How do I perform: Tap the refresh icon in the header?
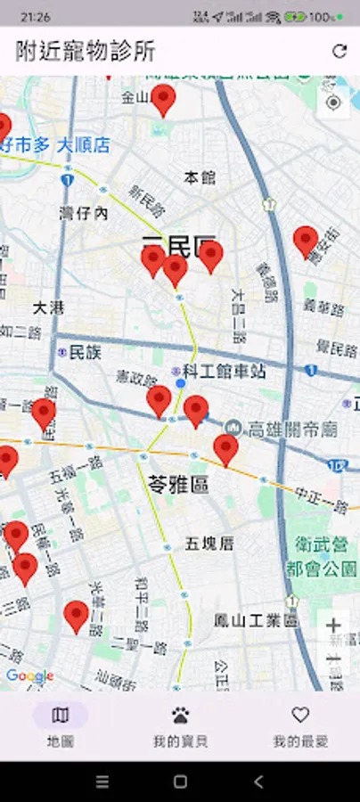340,51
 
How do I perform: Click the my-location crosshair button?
334,102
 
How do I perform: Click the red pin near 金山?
163,100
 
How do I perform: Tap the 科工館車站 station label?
224,372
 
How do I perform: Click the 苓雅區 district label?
177,484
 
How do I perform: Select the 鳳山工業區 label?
256,621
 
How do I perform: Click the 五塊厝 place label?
209,543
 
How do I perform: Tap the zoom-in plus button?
334,626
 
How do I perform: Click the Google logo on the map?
29,676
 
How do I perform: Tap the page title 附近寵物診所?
86,51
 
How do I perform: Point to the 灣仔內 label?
83,214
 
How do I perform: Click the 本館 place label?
200,177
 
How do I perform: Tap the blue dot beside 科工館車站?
181,382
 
